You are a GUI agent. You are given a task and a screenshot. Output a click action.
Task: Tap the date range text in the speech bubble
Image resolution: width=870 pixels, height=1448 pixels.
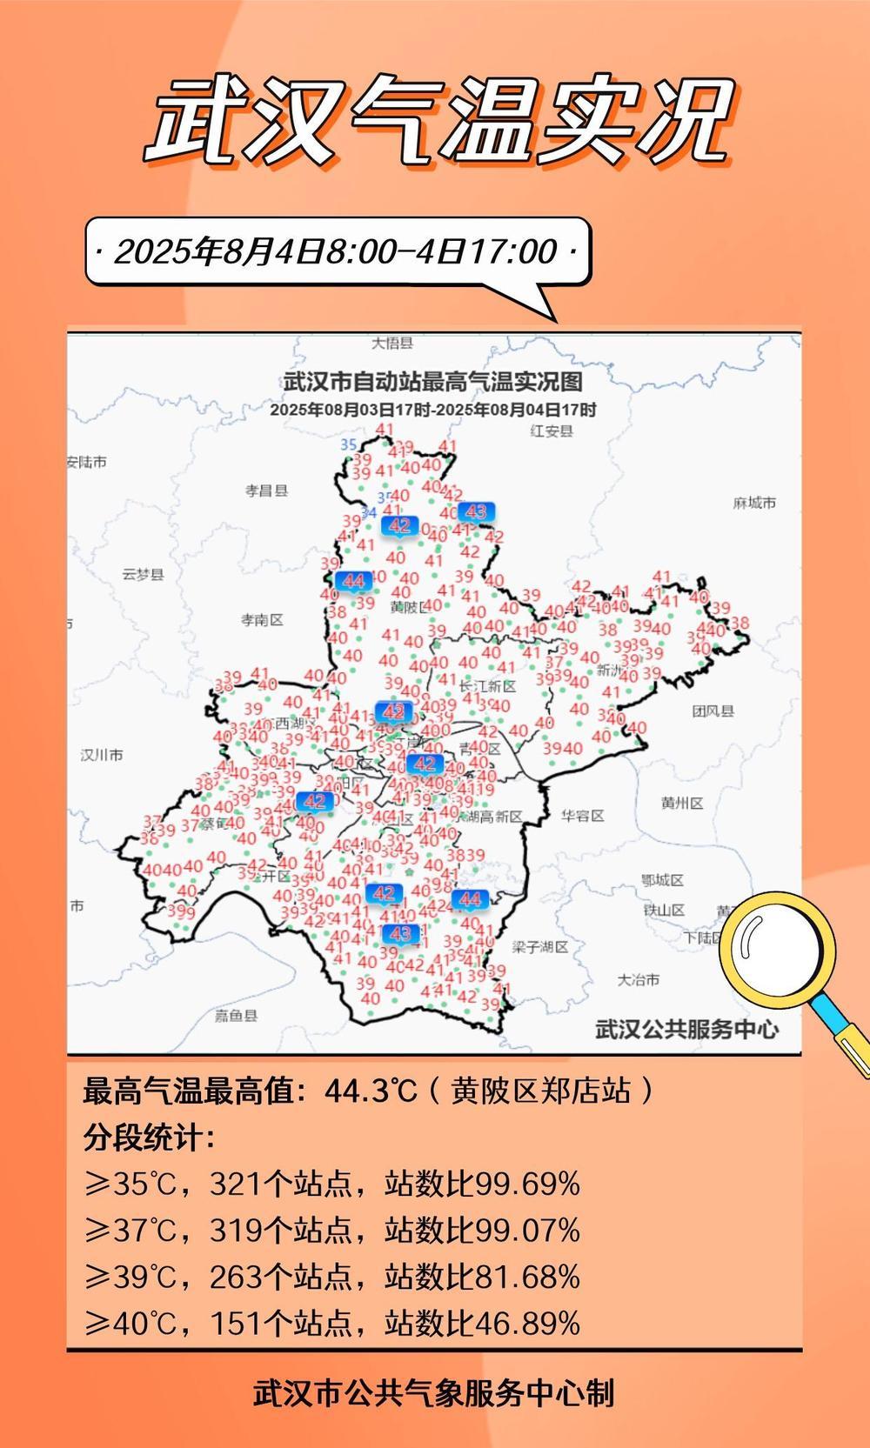(x=336, y=252)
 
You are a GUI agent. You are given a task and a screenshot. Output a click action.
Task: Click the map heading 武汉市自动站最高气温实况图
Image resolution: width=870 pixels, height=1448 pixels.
(x=432, y=381)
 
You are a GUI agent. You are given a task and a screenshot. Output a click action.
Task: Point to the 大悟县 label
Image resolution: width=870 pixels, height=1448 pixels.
(x=392, y=344)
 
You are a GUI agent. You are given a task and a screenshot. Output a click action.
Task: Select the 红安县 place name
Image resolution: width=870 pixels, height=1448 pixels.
(x=552, y=431)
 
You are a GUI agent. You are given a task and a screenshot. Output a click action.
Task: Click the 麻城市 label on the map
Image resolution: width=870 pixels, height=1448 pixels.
(x=754, y=503)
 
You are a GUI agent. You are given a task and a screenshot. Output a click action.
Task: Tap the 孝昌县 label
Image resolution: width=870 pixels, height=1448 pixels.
(x=266, y=490)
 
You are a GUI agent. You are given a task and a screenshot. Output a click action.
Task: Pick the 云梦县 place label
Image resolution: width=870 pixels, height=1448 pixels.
(x=143, y=575)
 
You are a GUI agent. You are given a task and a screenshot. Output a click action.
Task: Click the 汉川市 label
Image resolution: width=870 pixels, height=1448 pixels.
(x=102, y=755)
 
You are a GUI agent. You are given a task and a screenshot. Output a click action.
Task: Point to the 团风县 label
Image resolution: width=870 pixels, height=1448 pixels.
(x=713, y=711)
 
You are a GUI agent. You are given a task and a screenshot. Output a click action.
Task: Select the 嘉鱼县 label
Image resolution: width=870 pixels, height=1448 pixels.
(x=237, y=1015)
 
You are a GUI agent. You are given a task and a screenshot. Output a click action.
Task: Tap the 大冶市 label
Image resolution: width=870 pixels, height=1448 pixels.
(x=639, y=979)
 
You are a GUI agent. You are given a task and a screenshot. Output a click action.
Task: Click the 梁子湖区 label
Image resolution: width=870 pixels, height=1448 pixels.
(x=540, y=946)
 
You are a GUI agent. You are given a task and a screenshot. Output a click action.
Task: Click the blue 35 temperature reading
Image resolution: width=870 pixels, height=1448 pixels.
(x=349, y=444)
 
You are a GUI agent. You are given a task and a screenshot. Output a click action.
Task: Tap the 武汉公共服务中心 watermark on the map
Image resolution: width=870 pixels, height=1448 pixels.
(x=686, y=1029)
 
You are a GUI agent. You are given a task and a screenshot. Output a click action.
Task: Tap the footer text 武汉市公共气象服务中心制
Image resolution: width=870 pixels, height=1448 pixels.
(x=434, y=1392)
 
